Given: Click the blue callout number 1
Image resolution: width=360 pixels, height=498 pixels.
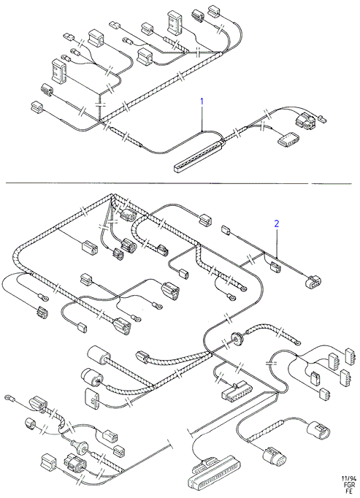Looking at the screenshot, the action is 202,101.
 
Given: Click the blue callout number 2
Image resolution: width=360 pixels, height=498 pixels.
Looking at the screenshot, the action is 277,223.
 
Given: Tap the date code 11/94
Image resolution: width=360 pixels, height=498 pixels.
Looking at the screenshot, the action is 348,478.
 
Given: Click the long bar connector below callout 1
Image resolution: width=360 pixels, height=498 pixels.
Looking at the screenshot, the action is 199,155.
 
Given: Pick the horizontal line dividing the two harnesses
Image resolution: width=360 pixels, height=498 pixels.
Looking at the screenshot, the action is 179,183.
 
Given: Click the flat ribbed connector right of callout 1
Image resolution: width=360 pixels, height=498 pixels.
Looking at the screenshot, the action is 288,139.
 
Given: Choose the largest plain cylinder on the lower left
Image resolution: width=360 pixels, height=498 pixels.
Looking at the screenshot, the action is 98,356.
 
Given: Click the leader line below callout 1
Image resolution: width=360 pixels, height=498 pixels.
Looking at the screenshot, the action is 202,119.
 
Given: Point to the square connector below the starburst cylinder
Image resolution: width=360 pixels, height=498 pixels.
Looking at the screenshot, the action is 93,397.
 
